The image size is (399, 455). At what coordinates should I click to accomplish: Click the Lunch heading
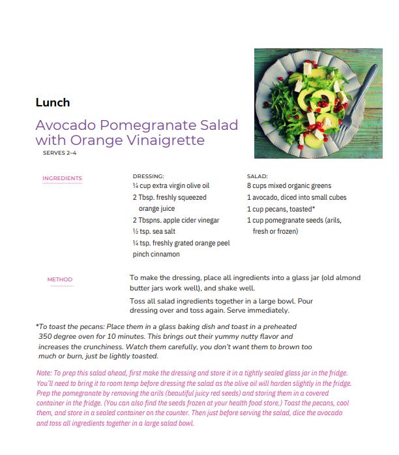point(53,102)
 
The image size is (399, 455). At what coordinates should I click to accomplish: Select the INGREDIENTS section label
point(62,178)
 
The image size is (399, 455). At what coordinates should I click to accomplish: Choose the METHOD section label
point(60,280)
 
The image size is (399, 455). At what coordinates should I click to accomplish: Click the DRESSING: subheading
point(148,176)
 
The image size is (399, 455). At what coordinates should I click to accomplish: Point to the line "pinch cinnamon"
point(156,255)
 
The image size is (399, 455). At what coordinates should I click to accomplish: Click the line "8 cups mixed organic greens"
point(289,186)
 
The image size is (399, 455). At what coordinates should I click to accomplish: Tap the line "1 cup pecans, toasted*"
point(281,209)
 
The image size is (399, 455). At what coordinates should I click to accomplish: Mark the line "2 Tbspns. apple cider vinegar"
point(175,220)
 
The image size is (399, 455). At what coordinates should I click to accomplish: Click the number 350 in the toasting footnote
point(46,336)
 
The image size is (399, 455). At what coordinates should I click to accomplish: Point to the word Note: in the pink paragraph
point(46,372)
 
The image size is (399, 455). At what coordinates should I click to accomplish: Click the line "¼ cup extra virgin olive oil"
point(170,186)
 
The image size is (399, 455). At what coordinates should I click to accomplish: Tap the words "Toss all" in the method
point(142,300)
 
